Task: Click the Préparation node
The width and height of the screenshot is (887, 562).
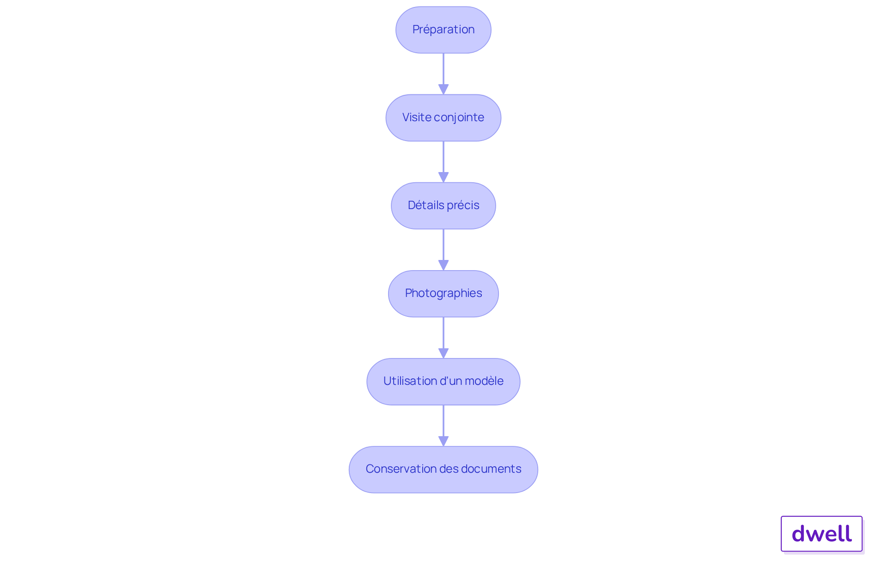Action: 443,30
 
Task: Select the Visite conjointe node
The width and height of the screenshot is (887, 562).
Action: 443,118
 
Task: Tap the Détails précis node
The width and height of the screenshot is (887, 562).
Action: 443,206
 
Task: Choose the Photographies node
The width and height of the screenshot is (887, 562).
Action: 443,294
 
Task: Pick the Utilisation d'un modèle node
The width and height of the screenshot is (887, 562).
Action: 443,382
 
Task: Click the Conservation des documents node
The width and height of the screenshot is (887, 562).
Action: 443,469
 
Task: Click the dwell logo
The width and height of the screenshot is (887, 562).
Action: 822,534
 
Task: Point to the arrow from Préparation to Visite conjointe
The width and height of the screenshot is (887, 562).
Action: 443,74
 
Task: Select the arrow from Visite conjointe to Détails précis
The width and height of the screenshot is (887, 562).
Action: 443,162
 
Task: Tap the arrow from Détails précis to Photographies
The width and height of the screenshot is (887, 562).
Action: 443,250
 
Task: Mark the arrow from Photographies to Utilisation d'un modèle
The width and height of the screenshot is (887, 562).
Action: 443,338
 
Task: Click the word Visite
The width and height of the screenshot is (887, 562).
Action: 417,117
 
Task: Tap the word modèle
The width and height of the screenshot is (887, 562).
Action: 484,381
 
